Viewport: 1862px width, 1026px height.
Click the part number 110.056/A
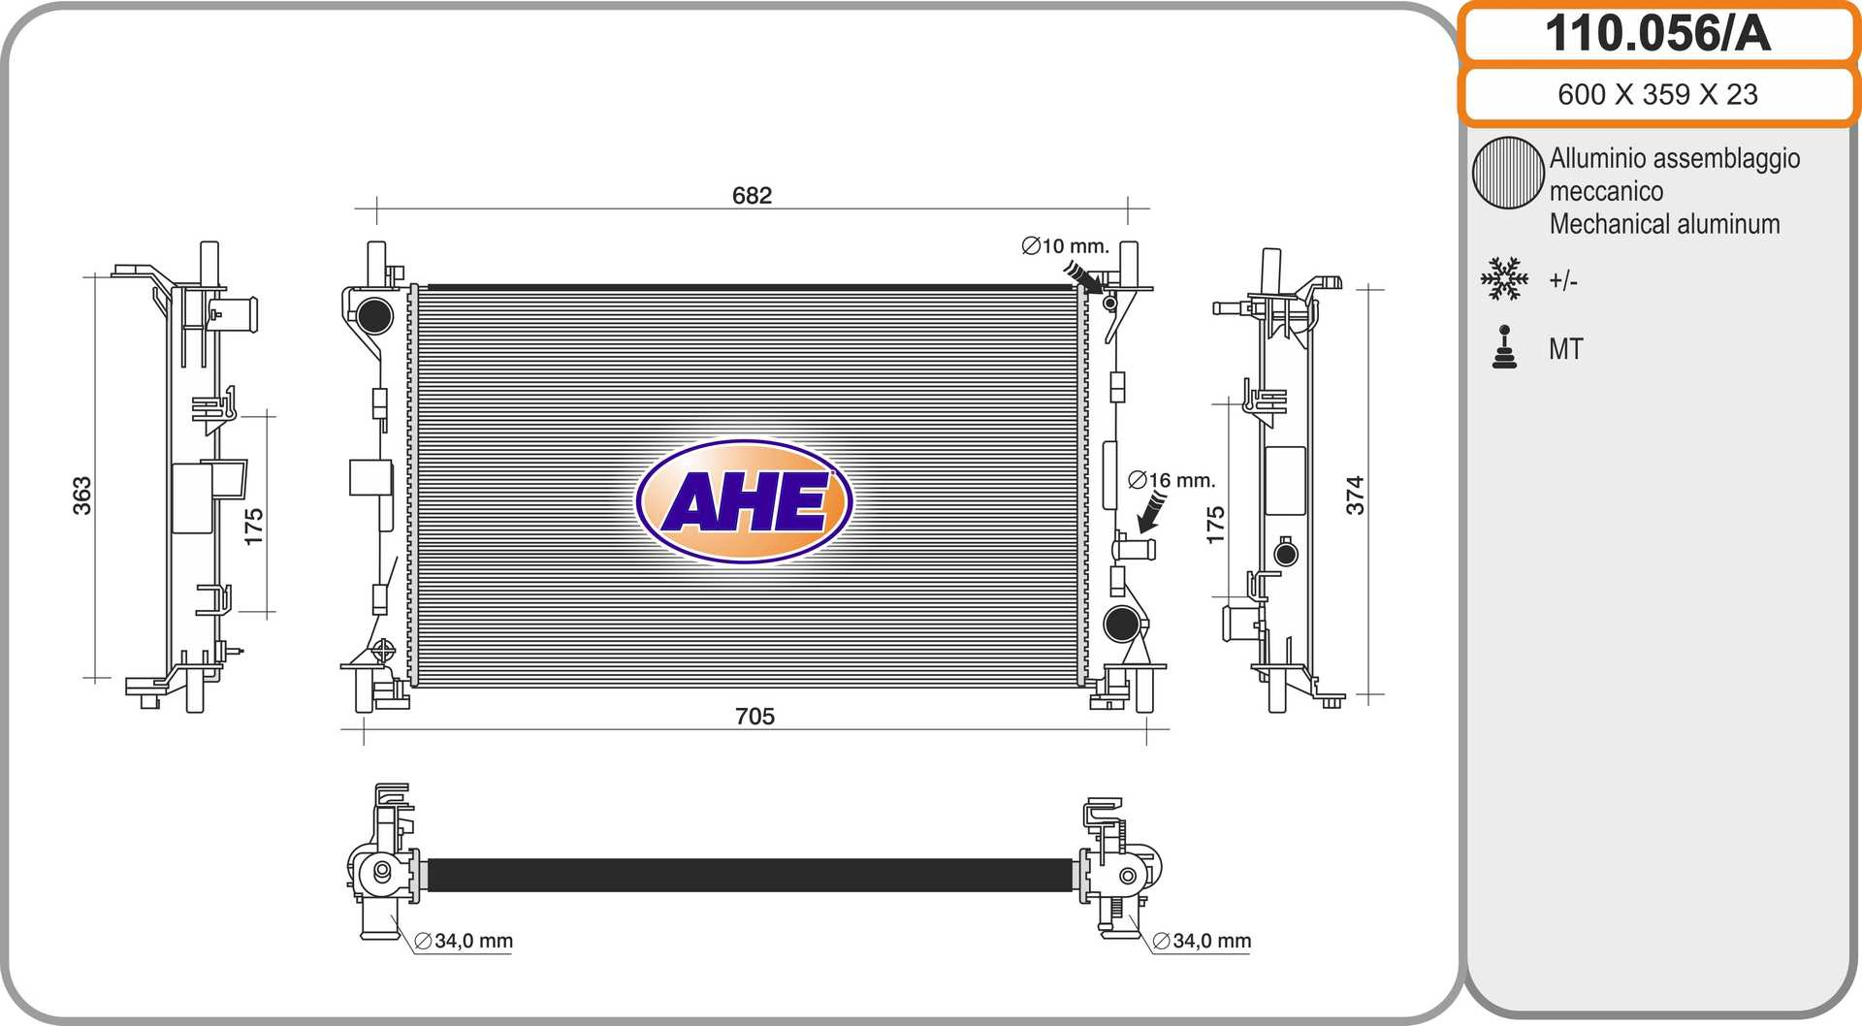pos(1657,34)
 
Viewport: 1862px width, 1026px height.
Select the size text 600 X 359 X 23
pos(1657,94)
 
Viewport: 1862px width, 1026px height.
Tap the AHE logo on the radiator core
pos(744,501)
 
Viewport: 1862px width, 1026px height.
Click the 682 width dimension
pos(752,196)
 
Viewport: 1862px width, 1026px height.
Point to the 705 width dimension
pos(754,717)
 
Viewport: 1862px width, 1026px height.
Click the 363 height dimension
pos(82,496)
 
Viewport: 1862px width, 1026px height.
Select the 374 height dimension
pos(1355,496)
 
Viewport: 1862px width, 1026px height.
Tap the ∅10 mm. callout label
pos(1065,246)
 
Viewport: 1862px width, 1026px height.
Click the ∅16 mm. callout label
pos(1172,480)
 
